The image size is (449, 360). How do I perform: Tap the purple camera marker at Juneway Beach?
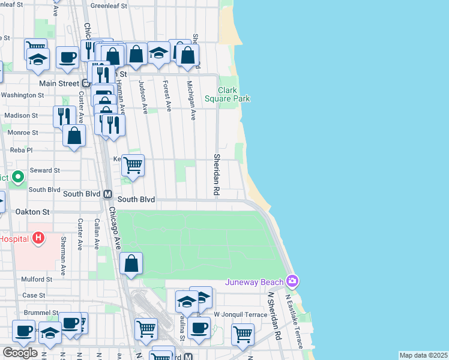(292, 281)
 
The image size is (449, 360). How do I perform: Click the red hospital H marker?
(39, 238)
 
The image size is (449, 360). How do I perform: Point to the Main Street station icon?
(86, 83)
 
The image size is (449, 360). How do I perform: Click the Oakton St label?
(33, 212)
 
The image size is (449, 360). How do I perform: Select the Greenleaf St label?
(109, 5)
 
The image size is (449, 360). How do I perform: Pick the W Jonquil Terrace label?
(241, 314)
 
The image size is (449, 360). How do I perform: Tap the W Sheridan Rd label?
(274, 317)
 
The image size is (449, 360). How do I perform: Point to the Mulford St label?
(37, 279)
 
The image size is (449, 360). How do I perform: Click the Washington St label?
(22, 95)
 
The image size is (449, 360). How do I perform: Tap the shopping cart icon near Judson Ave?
(133, 164)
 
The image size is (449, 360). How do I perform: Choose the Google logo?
(20, 353)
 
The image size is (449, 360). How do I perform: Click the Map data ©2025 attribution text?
(423, 355)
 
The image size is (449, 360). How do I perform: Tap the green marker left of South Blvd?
(18, 177)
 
